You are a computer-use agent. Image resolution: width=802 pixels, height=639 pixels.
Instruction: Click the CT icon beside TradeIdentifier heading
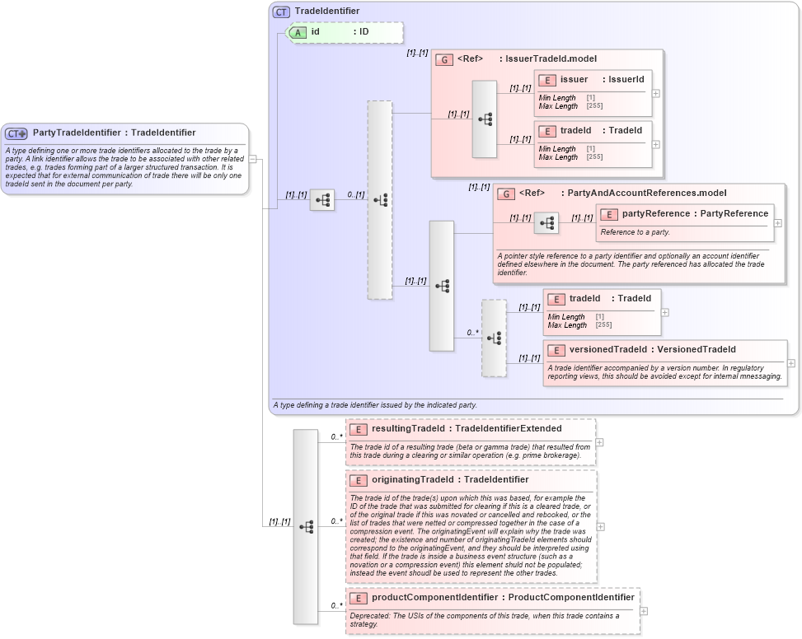tap(282, 12)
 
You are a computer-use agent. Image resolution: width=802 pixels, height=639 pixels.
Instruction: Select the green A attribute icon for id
tap(297, 32)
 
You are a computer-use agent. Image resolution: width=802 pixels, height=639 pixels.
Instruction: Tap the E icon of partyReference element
tap(609, 214)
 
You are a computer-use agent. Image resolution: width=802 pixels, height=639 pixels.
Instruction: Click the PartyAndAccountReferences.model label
tap(647, 193)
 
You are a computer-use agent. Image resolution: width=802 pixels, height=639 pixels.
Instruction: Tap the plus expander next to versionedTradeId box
tap(791, 363)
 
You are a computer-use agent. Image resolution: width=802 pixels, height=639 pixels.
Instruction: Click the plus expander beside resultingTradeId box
tap(599, 442)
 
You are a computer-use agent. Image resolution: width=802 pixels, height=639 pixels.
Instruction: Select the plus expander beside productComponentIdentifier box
tap(644, 611)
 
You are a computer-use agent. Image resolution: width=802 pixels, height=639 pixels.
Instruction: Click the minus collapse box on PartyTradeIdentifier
tap(254, 159)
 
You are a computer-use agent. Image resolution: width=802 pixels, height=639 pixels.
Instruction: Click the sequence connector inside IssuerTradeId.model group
tap(485, 119)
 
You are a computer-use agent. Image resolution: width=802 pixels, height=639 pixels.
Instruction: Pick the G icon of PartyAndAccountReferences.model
tap(506, 194)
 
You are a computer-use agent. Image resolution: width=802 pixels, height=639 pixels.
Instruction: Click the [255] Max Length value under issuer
tap(594, 106)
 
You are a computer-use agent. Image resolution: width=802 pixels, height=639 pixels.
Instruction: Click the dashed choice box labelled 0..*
tap(494, 338)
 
